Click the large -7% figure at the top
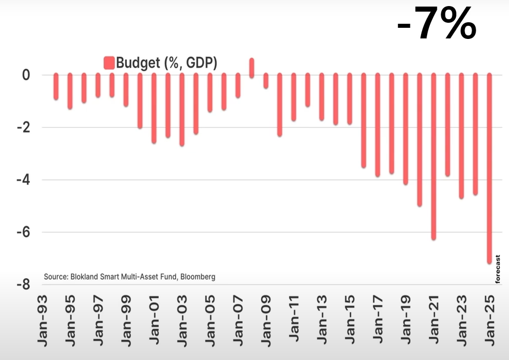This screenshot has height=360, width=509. [437, 24]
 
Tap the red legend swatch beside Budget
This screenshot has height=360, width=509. [109, 63]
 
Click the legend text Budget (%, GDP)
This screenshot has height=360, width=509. [166, 63]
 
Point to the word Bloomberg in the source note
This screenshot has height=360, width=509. [196, 277]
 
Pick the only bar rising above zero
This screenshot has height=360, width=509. [252, 67]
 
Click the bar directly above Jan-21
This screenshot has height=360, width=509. [433, 156]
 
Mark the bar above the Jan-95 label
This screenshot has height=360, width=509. [70, 91]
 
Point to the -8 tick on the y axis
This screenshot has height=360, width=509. [22, 285]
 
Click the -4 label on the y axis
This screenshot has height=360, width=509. [22, 180]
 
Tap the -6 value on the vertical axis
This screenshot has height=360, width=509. [22, 233]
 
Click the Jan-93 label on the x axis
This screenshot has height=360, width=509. [42, 324]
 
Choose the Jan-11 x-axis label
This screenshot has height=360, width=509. [294, 324]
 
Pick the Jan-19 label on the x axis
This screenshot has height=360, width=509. [405, 324]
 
